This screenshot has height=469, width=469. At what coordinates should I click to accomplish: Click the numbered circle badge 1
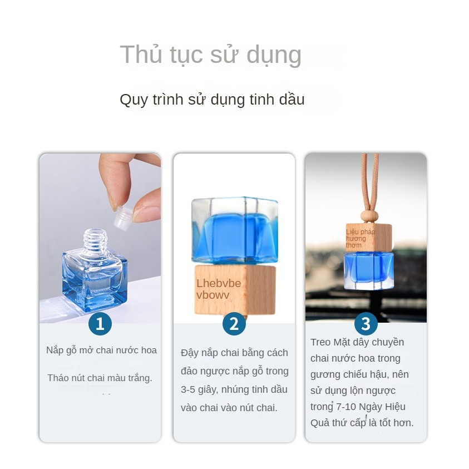pyautogui.click(x=100, y=324)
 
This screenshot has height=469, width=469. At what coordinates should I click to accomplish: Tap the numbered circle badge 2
pyautogui.click(x=234, y=324)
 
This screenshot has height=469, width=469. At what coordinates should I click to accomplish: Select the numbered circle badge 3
pyautogui.click(x=366, y=324)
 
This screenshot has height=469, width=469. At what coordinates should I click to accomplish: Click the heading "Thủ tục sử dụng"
pyautogui.click(x=210, y=55)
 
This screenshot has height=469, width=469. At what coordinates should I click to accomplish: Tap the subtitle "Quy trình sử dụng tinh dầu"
pyautogui.click(x=212, y=100)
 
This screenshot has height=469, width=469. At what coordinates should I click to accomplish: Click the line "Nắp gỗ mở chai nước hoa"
pyautogui.click(x=101, y=350)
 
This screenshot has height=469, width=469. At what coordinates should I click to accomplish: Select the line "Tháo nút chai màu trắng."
pyautogui.click(x=100, y=378)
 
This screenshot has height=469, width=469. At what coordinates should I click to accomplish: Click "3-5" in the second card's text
pyautogui.click(x=191, y=389)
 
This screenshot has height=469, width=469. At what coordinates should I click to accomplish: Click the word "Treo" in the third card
pyautogui.click(x=320, y=342)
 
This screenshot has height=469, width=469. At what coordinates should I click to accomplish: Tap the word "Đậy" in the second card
pyautogui.click(x=190, y=353)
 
